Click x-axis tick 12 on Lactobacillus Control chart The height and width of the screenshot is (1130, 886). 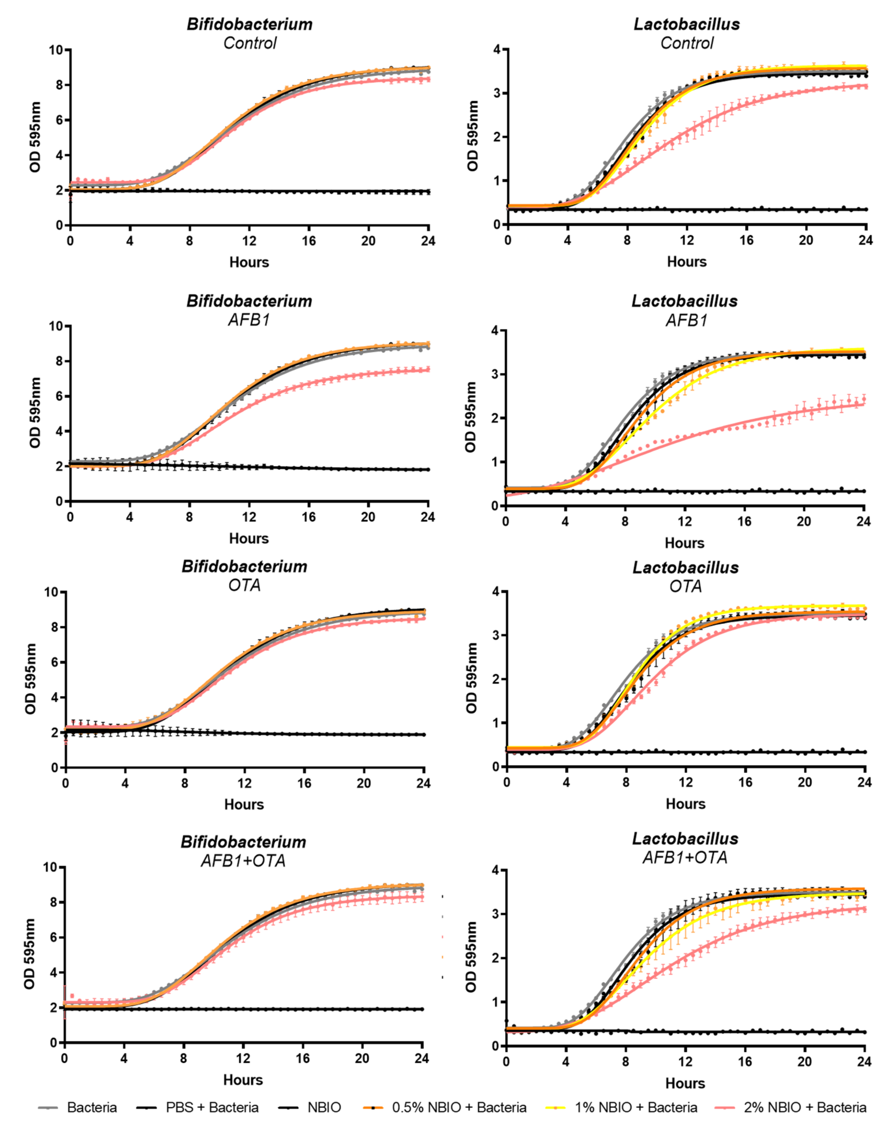(687, 241)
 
